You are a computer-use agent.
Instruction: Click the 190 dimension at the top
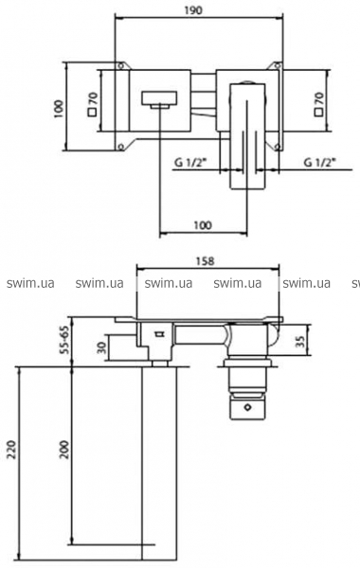pos(195,10)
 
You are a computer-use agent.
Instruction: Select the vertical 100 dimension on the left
pos(59,108)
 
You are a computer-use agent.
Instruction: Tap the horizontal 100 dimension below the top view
pos(203,225)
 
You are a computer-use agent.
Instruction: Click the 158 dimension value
pos(207,261)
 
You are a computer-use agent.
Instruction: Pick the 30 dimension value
pos(102,348)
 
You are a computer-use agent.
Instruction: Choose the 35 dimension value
pos(299,342)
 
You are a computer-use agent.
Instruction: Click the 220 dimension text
pos(11,450)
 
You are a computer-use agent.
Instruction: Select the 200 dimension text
pos(64,450)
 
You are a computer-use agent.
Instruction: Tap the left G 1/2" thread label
pos(190,162)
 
